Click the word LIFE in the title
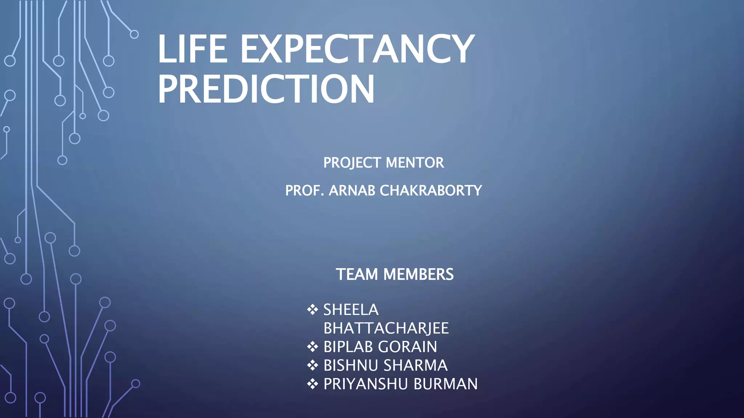pyautogui.click(x=193, y=49)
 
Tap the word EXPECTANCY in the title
pyautogui.click(x=357, y=49)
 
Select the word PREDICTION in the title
pyautogui.click(x=266, y=89)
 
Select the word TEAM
pyautogui.click(x=357, y=274)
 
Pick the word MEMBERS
pyautogui.click(x=418, y=274)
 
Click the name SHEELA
pyautogui.click(x=351, y=310)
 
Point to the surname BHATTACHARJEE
pyautogui.click(x=386, y=328)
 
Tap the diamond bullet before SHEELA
pyautogui.click(x=312, y=310)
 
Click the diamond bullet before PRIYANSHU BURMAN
pyautogui.click(x=312, y=384)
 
